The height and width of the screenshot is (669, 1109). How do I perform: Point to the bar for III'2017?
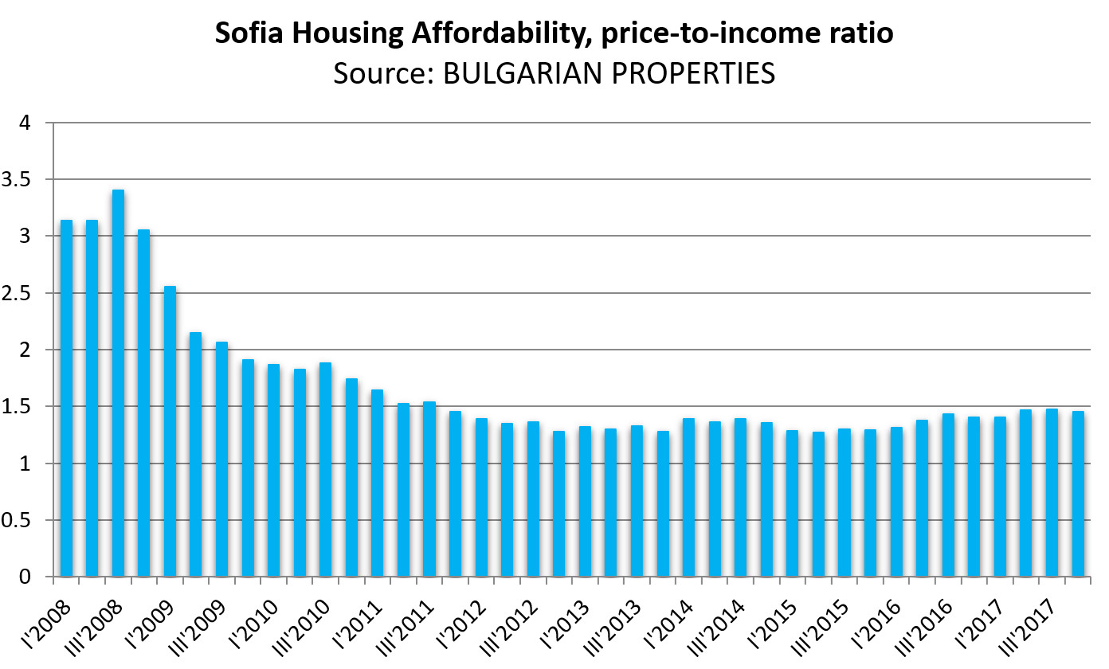1052,493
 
